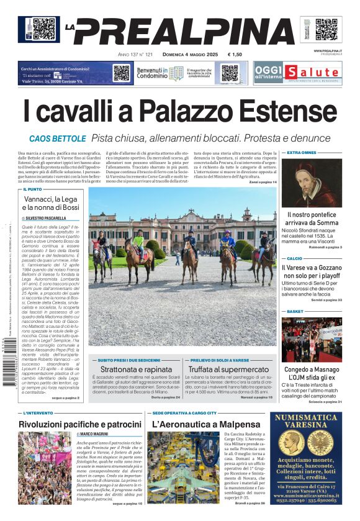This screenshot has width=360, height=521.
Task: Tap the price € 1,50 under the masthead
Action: click(x=235, y=55)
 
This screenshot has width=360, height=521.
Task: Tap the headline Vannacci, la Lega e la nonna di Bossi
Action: click(x=52, y=204)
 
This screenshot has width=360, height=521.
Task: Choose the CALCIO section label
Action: click(x=294, y=258)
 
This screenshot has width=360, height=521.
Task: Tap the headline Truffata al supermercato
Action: click(x=229, y=369)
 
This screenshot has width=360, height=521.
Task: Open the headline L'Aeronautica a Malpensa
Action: click(x=197, y=424)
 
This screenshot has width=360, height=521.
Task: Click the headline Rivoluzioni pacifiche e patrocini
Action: click(x=80, y=424)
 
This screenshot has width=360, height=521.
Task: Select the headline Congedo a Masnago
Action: click(x=311, y=369)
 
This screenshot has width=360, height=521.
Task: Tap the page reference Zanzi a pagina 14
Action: click(x=263, y=182)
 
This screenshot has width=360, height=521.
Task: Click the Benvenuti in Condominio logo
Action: click(x=160, y=73)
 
